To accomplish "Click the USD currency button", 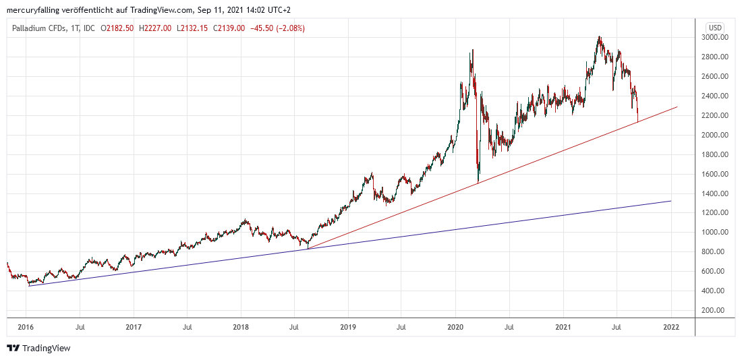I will click(x=714, y=28).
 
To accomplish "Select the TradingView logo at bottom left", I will click(x=38, y=348).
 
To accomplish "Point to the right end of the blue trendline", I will click(x=671, y=201).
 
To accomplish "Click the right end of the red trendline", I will click(x=677, y=107).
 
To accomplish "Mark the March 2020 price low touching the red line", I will click(x=478, y=182).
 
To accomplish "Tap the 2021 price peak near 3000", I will click(x=599, y=37).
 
